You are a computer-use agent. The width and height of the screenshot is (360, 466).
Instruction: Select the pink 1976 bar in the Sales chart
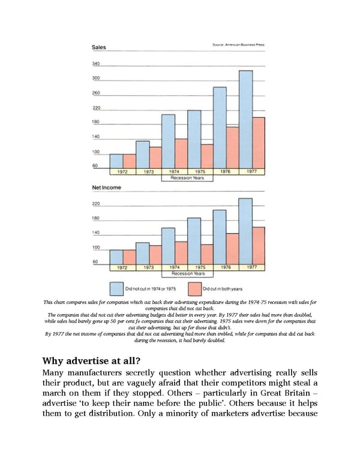pyautogui.click(x=232, y=148)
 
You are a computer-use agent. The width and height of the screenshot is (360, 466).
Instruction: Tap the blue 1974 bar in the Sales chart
pyautogui.click(x=169, y=141)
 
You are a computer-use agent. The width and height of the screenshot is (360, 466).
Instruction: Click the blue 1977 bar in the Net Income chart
pyautogui.click(x=245, y=231)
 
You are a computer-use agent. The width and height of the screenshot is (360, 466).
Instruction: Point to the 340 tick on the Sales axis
pyautogui.click(x=96, y=63)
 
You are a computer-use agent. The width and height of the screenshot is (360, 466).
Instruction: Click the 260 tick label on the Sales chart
pyautogui.click(x=96, y=93)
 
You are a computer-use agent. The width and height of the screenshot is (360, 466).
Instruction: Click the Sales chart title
pyautogui.click(x=100, y=47)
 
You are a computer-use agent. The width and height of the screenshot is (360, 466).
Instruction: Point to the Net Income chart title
pyautogui.click(x=106, y=188)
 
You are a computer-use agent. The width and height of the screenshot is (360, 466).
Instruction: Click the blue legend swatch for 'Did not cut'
pyautogui.click(x=116, y=288)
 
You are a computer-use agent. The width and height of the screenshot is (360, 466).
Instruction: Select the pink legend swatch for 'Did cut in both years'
pyautogui.click(x=194, y=288)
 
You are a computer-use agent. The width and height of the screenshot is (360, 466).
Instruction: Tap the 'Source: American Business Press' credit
pyautogui.click(x=238, y=44)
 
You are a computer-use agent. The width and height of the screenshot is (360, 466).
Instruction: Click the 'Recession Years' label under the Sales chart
pyautogui.click(x=188, y=178)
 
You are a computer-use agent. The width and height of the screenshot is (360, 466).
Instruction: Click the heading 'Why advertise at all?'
pyautogui.click(x=91, y=362)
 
